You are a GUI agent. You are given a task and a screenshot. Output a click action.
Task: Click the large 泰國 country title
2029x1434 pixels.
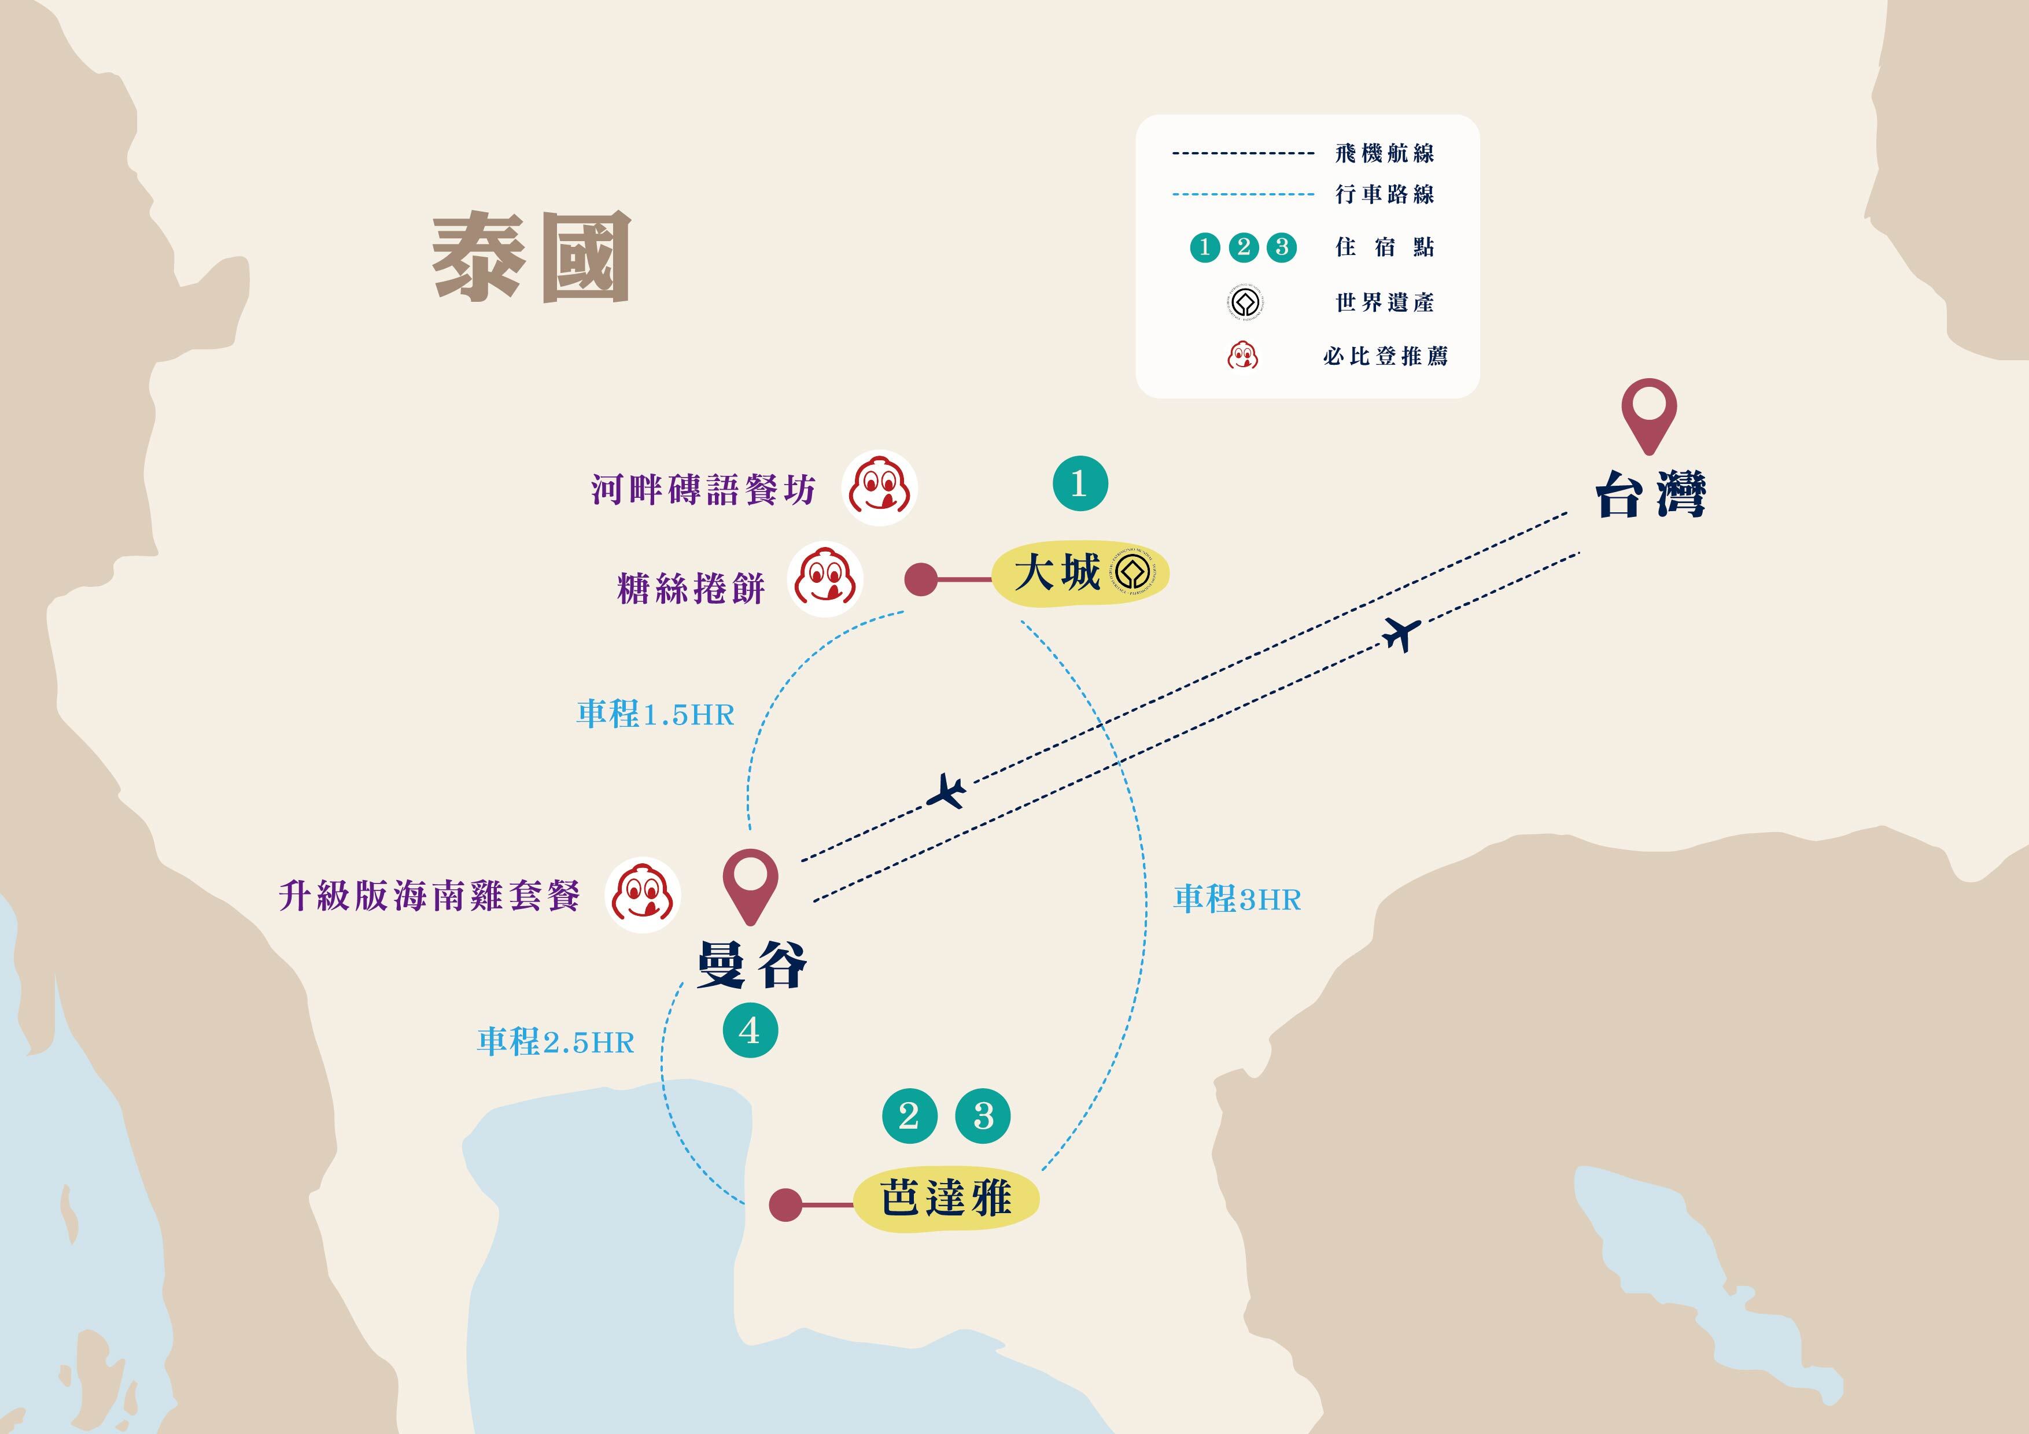click(x=531, y=257)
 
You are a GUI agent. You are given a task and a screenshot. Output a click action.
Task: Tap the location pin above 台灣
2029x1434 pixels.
click(x=1649, y=412)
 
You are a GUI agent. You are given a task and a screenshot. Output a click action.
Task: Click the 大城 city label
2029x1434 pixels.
click(x=1057, y=572)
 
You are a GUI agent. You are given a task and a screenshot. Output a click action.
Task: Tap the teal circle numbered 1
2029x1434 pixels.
click(x=1080, y=483)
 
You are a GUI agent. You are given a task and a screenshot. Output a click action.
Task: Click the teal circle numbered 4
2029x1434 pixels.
click(x=750, y=1030)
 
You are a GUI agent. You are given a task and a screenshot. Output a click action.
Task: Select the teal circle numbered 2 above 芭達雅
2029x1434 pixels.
click(x=909, y=1116)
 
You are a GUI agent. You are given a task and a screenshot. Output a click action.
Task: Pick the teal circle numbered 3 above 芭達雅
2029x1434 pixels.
click(x=983, y=1116)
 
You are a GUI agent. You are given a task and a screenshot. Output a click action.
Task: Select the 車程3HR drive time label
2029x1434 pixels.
click(x=1237, y=900)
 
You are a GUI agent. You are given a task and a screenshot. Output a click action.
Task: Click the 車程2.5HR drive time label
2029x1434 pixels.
click(x=556, y=1042)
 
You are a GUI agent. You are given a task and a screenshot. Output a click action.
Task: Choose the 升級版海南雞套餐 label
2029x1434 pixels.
click(x=430, y=896)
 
